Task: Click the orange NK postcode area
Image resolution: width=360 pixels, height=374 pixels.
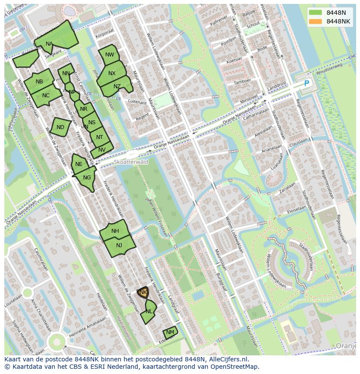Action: pyautogui.click(x=143, y=292)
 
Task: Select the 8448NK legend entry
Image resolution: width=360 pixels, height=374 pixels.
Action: pyautogui.click(x=338, y=21)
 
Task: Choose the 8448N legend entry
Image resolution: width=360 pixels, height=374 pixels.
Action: pyautogui.click(x=336, y=13)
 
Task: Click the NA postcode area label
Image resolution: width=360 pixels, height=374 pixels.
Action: pyautogui.click(x=49, y=44)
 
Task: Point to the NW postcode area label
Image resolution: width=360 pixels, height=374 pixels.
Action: pyautogui.click(x=110, y=55)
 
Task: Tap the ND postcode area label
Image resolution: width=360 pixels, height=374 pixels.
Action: pyautogui.click(x=60, y=127)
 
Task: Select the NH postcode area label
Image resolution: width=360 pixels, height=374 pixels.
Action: pyautogui.click(x=115, y=231)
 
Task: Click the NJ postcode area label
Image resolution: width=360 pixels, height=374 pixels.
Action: pyautogui.click(x=119, y=245)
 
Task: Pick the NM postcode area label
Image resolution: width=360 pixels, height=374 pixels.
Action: pyautogui.click(x=170, y=332)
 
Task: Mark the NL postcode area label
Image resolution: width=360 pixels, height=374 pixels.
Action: pyautogui.click(x=149, y=311)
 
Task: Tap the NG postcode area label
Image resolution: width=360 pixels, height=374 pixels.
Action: pyautogui.click(x=87, y=178)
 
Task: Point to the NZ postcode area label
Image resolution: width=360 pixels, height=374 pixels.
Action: pyautogui.click(x=117, y=86)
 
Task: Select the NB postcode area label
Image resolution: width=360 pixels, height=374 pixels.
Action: pyautogui.click(x=39, y=82)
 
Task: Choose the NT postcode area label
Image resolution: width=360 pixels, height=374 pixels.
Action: pyautogui.click(x=100, y=137)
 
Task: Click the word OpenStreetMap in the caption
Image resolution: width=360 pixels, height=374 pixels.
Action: pyautogui.click(x=233, y=366)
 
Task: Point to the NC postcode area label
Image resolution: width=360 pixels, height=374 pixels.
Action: pyautogui.click(x=46, y=96)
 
